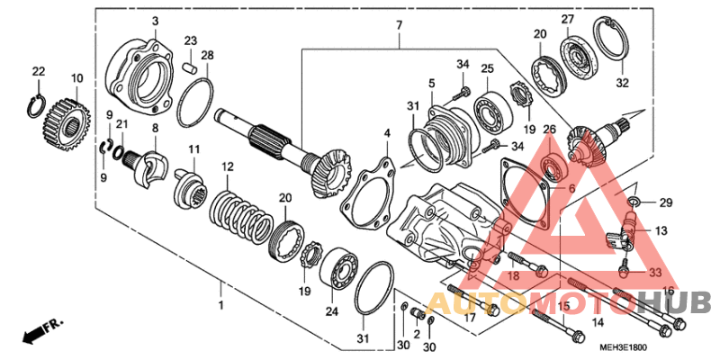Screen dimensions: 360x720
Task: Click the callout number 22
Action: [38, 71]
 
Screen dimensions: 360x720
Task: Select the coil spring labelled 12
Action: [240, 218]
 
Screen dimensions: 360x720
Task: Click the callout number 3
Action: [154, 21]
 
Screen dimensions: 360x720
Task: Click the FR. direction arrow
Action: [37, 332]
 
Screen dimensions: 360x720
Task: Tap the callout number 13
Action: [661, 230]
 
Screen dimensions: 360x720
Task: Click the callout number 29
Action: [665, 202]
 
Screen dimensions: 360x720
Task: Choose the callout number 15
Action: [563, 307]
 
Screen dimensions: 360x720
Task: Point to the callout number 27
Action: [568, 20]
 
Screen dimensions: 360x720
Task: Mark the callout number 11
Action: [193, 148]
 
